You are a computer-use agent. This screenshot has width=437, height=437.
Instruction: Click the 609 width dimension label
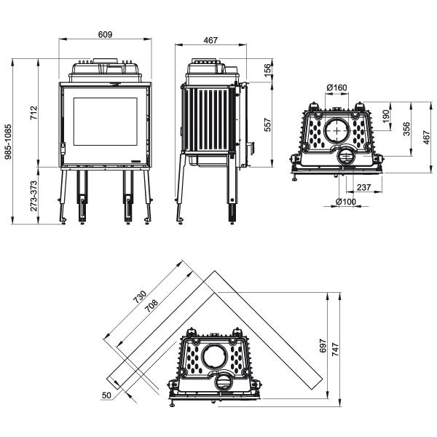[x=105, y=34]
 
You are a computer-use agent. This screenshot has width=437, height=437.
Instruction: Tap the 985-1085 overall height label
[x=8, y=141]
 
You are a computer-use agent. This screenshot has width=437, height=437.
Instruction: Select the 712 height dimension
[x=34, y=112]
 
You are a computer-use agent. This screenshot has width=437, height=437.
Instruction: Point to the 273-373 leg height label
[x=34, y=196]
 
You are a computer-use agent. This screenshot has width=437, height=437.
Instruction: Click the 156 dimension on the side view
[x=267, y=68]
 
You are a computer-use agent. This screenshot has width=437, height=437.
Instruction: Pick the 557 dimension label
[x=267, y=125]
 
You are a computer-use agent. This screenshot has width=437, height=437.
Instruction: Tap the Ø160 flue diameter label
[x=337, y=88]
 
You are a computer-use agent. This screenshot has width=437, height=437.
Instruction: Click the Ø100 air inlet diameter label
[x=346, y=201]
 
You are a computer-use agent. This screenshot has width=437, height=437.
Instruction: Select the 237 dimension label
[x=363, y=187]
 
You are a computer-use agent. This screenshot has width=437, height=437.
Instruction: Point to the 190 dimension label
[x=386, y=117]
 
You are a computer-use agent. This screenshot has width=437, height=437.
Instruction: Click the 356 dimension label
[x=406, y=129]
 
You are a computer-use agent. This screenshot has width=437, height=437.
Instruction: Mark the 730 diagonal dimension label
[x=140, y=297]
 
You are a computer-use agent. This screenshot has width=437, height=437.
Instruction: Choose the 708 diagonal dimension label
[x=151, y=305]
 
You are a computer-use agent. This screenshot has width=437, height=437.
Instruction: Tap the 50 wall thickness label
[x=106, y=395]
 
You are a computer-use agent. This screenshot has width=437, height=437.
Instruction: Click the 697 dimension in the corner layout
[x=323, y=345]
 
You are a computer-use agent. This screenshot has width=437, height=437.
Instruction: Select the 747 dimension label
[x=336, y=349]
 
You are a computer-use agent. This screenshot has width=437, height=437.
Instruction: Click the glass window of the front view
[x=106, y=122]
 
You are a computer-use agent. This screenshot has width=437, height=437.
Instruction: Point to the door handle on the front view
[x=63, y=148]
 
